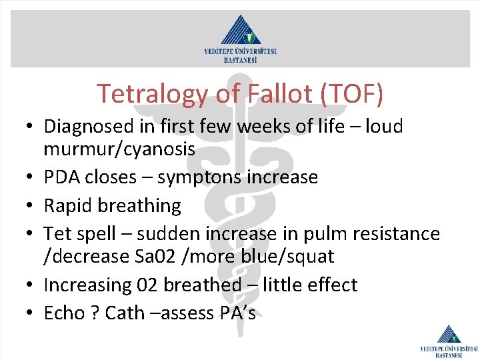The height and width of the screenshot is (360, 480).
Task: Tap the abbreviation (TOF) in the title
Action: (353, 94)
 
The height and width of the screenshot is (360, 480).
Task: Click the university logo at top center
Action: (240, 38)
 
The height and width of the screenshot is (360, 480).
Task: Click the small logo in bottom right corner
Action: (449, 341)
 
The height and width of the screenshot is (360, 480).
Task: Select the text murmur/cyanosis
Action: (119, 149)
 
